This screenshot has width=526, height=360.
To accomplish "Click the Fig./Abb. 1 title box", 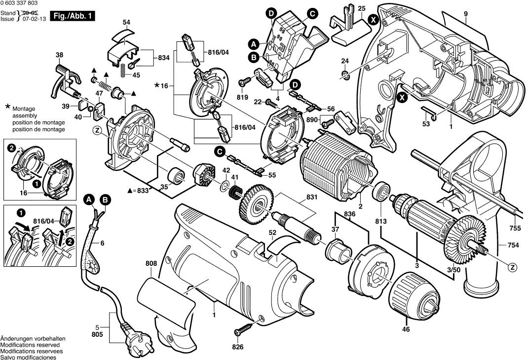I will coord(73,17).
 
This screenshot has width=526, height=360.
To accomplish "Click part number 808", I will coord(151,264).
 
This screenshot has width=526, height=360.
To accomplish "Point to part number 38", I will coord(59,55).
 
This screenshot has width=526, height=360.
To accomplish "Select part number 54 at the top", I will coord(126,22).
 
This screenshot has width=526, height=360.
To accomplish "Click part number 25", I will coord(362,8).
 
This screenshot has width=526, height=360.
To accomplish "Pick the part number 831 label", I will coord(298,197).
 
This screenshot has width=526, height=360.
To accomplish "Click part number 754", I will coord(514,245).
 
